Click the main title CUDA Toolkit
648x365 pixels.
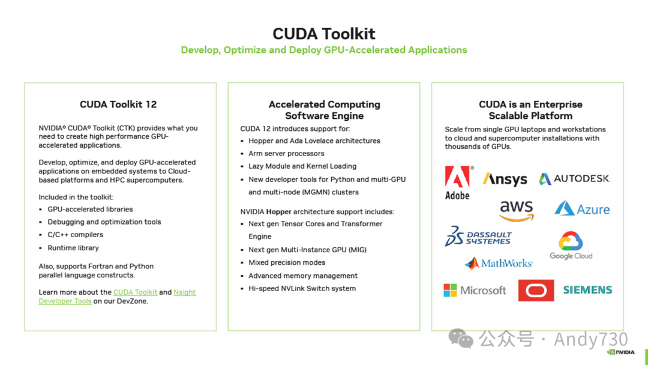tap(324, 34)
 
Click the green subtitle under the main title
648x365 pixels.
tap(324, 50)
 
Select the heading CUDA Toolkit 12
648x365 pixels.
tap(118, 104)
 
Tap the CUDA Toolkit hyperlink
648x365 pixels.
tap(135, 292)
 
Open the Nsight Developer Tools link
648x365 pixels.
tap(184, 292)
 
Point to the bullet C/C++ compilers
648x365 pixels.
tap(76, 235)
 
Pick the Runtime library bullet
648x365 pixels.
tap(73, 248)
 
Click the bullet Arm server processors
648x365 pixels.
tap(286, 154)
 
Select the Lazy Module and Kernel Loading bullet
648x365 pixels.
tap(302, 166)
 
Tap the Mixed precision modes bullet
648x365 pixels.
tap(287, 262)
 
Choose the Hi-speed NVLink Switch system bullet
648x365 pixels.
tap(302, 289)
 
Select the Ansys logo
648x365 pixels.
tap(505, 179)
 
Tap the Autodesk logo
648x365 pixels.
tap(574, 178)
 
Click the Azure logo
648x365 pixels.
tap(582, 209)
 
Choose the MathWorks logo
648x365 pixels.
tap(499, 264)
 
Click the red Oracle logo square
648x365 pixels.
tap(536, 291)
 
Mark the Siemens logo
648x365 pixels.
tap(587, 290)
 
